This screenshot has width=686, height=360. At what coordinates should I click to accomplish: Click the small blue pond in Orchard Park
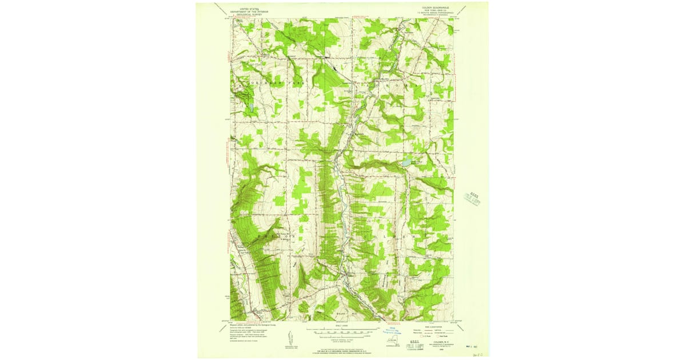point(250,106)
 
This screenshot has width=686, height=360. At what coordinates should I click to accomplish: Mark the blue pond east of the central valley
point(405,163)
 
